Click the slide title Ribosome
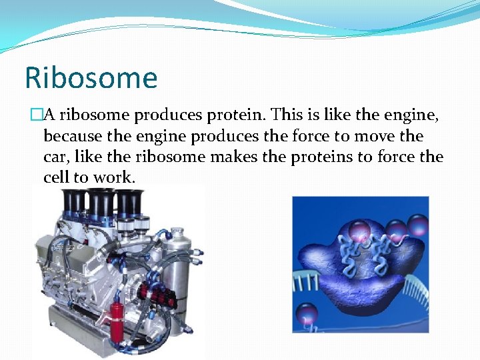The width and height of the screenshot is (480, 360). (91, 77)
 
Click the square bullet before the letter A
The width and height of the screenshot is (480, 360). (36, 115)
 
